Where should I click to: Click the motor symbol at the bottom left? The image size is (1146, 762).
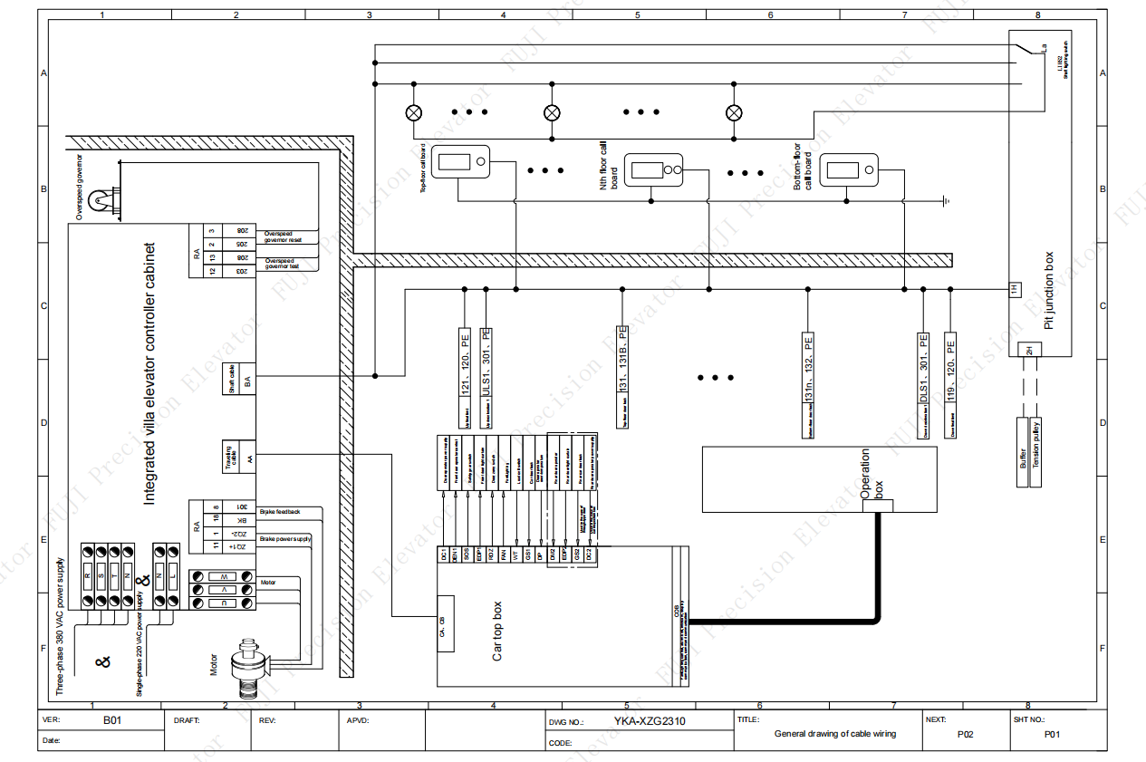247,667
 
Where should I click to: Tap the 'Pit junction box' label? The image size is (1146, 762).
1049,289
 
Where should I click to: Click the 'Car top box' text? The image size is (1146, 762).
496,632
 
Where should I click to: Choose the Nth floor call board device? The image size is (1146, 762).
653,169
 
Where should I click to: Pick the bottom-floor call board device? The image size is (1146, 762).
848,169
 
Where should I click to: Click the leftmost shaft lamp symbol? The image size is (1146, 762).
413,113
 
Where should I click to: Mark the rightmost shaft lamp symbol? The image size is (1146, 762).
735,113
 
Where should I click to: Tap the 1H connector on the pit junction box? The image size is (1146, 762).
1015,289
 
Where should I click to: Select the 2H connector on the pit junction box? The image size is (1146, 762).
1029,350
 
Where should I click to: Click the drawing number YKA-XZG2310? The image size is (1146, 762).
650,722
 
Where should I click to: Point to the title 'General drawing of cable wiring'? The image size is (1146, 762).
834,734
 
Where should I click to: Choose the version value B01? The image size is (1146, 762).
111,721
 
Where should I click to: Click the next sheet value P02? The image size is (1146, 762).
966,735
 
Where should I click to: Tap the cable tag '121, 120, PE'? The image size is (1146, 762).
465,362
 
